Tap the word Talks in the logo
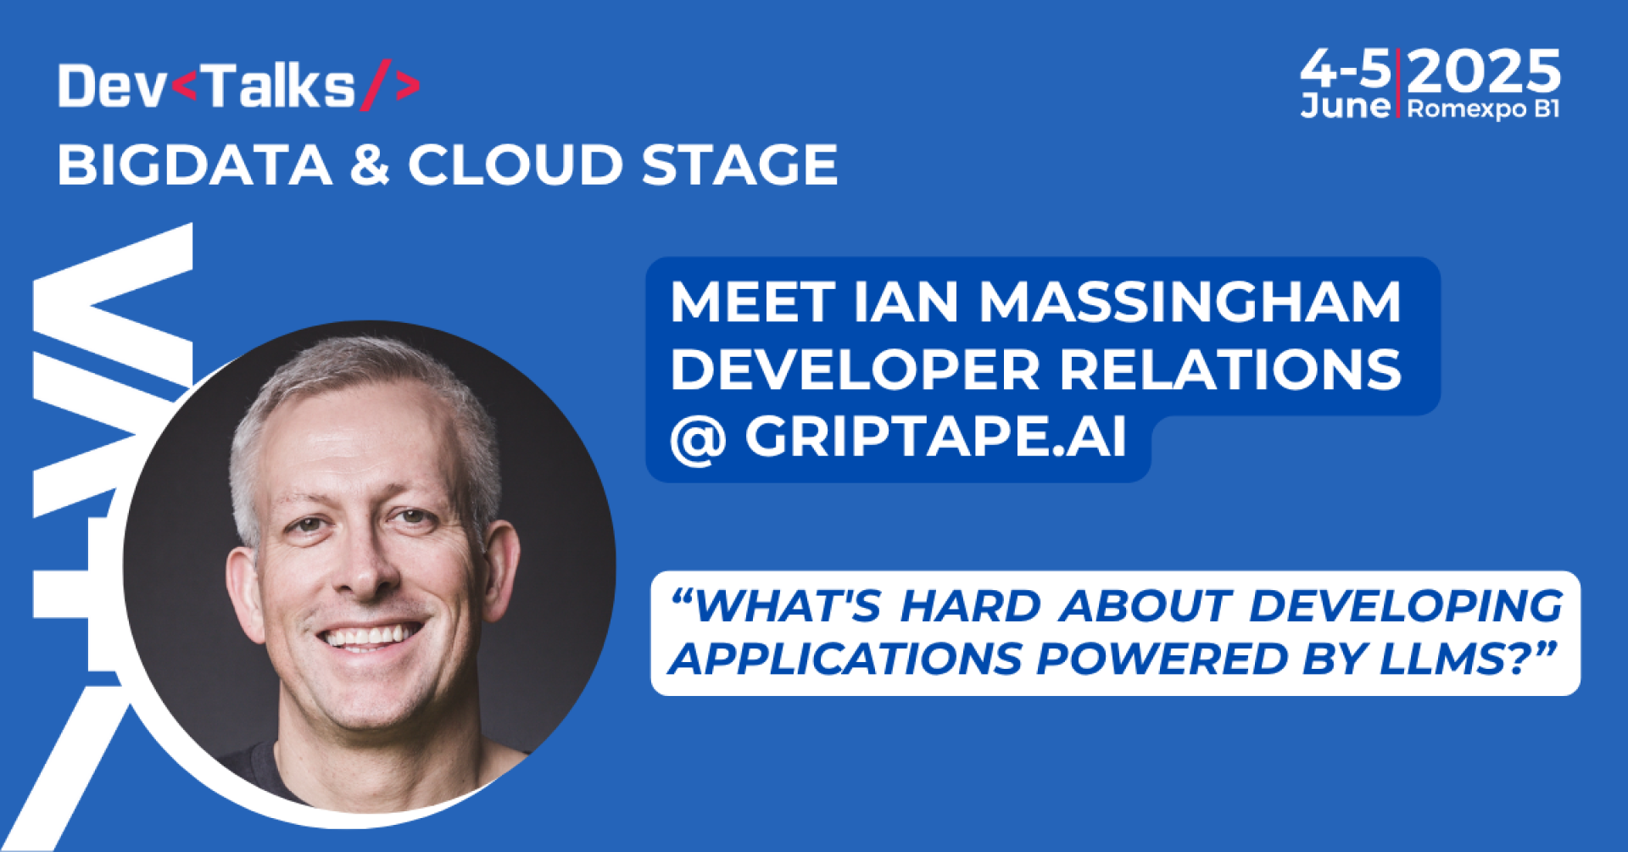[280, 86]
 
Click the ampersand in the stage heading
[370, 164]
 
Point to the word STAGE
[739, 164]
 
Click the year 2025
[1484, 71]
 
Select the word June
[1346, 106]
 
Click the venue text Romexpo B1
[1483, 109]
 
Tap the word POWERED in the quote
[1162, 659]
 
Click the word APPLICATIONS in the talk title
[846, 659]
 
